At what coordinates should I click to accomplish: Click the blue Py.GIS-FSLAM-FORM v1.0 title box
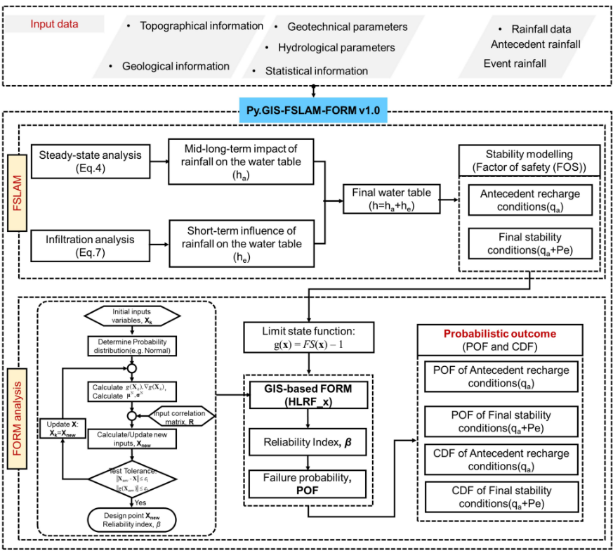(313, 110)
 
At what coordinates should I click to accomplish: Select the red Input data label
(54, 24)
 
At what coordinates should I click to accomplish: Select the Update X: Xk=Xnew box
(61, 429)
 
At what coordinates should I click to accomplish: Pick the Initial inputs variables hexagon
(131, 316)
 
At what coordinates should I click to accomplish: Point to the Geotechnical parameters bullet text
(348, 27)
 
